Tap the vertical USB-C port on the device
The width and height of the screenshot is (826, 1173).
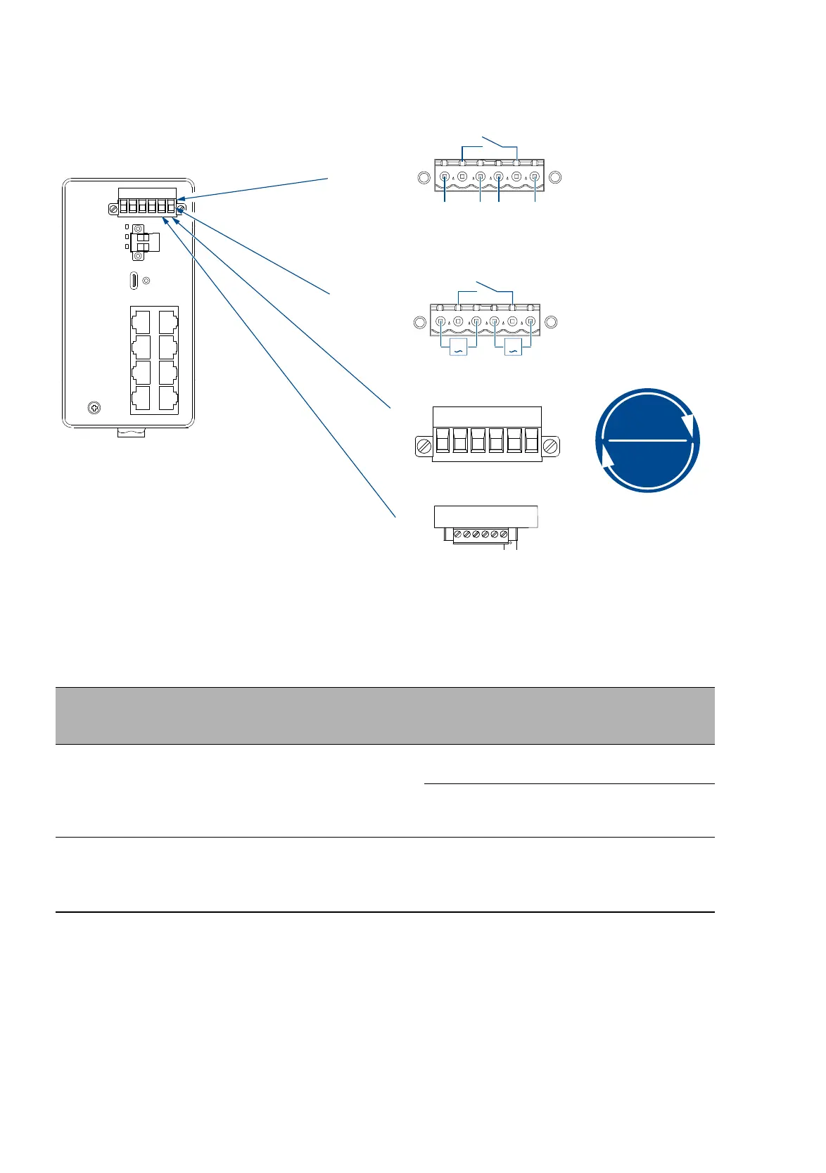point(134,280)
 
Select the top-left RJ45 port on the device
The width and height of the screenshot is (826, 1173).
point(141,322)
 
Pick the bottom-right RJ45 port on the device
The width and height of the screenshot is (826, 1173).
point(167,399)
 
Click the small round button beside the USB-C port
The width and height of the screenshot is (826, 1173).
point(146,281)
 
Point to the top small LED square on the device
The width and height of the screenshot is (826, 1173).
point(126,227)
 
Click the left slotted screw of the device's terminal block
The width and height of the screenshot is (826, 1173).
point(113,209)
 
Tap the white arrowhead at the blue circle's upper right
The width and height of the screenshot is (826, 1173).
point(694,428)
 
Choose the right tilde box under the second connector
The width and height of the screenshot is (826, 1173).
point(513,347)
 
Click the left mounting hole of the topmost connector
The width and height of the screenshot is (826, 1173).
point(424,178)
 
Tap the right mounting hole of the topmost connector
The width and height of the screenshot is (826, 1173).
point(554,178)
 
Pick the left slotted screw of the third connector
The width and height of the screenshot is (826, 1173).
point(424,445)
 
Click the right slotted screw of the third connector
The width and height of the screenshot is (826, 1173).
point(551,445)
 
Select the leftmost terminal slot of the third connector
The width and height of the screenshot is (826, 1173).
point(442,441)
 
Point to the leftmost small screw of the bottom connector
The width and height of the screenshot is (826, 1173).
point(458,535)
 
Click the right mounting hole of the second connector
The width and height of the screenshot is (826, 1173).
point(552,323)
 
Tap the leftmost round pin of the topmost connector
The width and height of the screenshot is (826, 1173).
point(445,177)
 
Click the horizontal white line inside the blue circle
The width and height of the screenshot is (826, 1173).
point(647,440)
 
